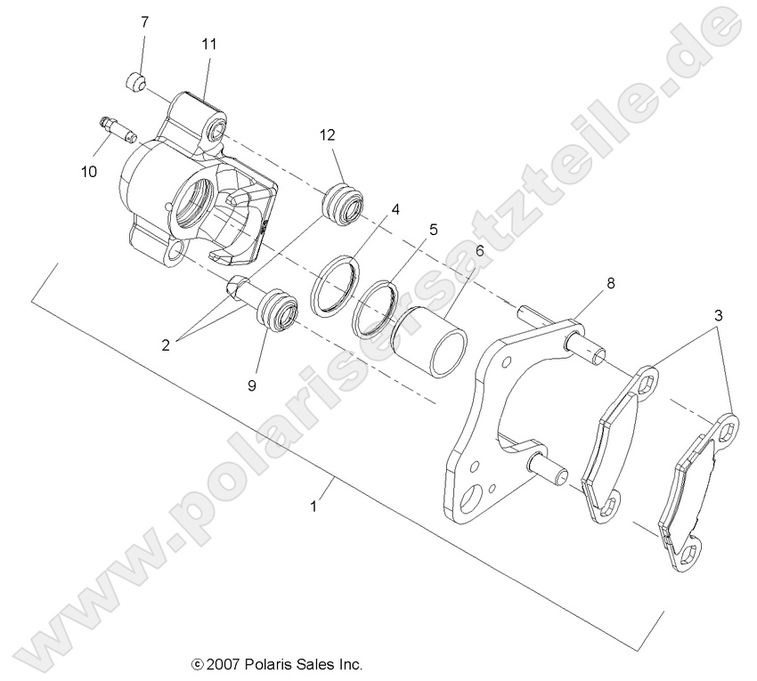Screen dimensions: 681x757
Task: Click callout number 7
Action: tap(144, 20)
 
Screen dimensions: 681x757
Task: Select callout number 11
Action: tap(208, 43)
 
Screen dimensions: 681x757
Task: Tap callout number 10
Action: tap(89, 172)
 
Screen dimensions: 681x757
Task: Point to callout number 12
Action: tap(328, 135)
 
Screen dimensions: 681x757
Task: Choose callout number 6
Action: tap(479, 251)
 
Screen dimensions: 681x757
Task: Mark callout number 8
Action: tap(610, 283)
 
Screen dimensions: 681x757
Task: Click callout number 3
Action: tap(718, 315)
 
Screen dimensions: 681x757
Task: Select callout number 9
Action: tap(252, 385)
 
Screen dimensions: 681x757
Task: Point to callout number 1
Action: tap(313, 506)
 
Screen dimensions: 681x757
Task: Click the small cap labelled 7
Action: tap(134, 83)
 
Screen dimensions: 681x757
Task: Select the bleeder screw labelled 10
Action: tap(117, 129)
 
